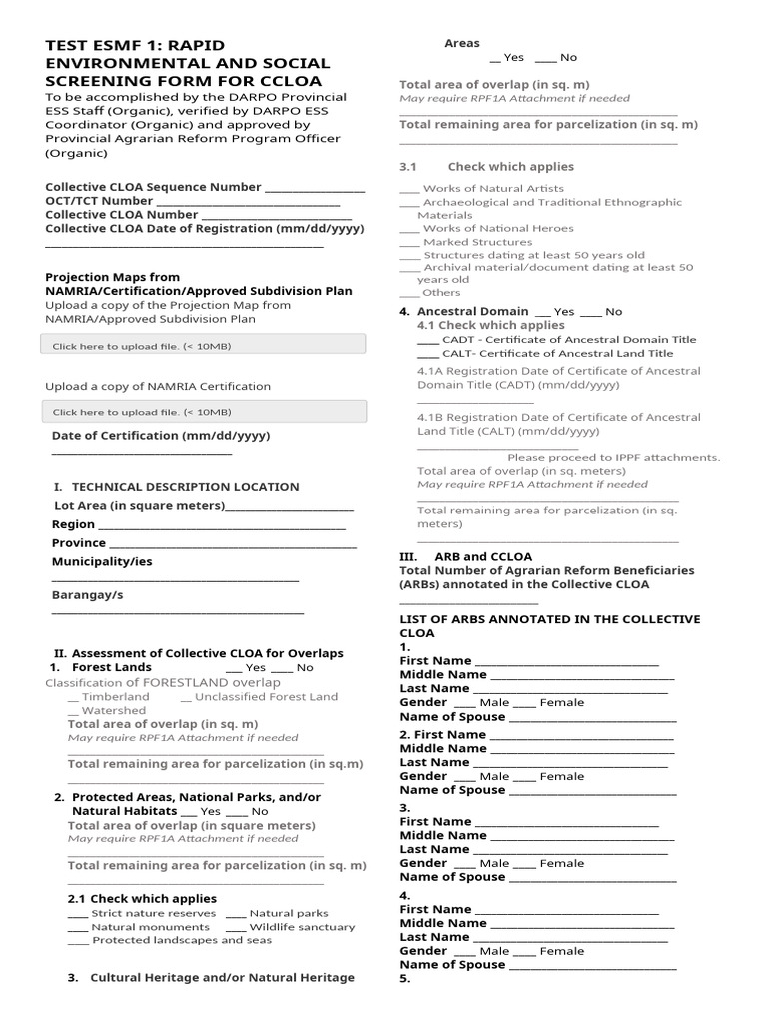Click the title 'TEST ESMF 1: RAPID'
(135, 46)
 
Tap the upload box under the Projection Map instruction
(204, 346)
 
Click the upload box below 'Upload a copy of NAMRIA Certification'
(204, 411)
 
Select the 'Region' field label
(73, 524)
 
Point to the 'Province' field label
(78, 543)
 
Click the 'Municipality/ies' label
(102, 561)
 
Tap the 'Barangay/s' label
(87, 595)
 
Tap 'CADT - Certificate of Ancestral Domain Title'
(556, 340)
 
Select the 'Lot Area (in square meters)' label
(139, 506)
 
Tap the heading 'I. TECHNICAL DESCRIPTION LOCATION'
(176, 487)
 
